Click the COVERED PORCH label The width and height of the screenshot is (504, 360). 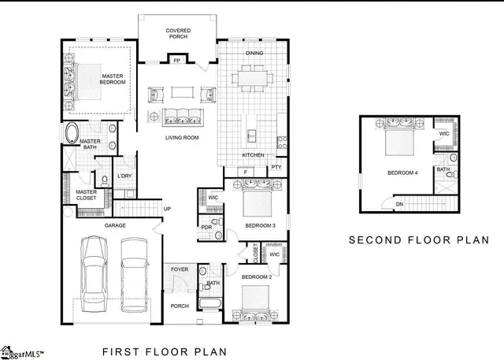click(178, 34)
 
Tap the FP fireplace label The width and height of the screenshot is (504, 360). click(177, 61)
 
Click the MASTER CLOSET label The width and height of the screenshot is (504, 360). click(86, 195)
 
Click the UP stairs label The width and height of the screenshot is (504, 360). click(167, 209)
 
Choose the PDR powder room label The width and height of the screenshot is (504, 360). click(206, 228)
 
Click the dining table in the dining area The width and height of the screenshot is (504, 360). click(253, 79)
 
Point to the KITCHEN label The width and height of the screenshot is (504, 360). click(253, 155)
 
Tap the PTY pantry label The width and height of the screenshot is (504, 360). click(276, 167)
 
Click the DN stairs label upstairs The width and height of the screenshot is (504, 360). click(400, 204)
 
